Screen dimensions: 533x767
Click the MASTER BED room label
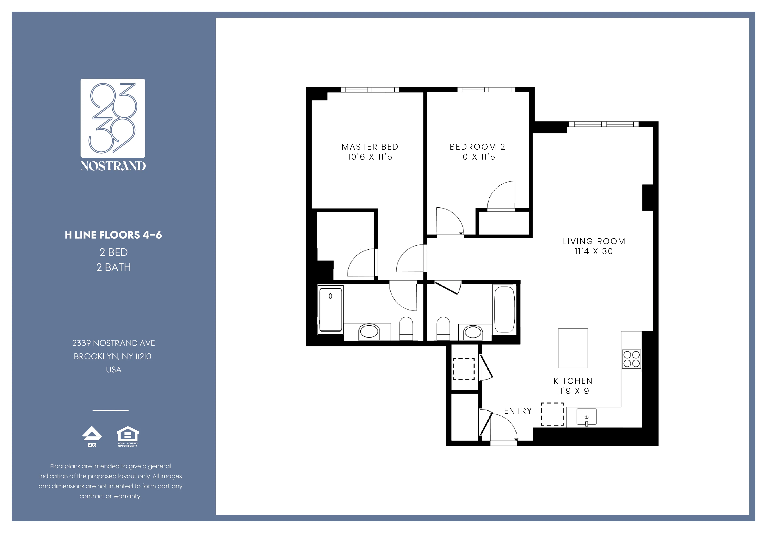(x=370, y=147)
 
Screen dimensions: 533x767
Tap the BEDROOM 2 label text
(x=477, y=147)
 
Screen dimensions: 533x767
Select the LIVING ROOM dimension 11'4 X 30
(x=594, y=252)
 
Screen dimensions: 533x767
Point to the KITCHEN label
(x=573, y=381)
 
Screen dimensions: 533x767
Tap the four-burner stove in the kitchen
(x=631, y=359)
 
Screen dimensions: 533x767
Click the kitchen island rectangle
(x=573, y=348)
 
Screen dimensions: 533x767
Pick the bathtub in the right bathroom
(x=504, y=309)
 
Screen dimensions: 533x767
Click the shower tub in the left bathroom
(x=330, y=310)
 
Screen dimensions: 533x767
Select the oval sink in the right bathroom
(x=473, y=332)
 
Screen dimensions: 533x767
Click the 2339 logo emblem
(x=113, y=118)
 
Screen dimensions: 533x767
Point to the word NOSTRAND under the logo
(x=113, y=166)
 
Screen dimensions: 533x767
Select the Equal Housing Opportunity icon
(x=128, y=437)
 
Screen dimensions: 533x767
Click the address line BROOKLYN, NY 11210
(x=113, y=357)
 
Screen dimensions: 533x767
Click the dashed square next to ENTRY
(x=552, y=414)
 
